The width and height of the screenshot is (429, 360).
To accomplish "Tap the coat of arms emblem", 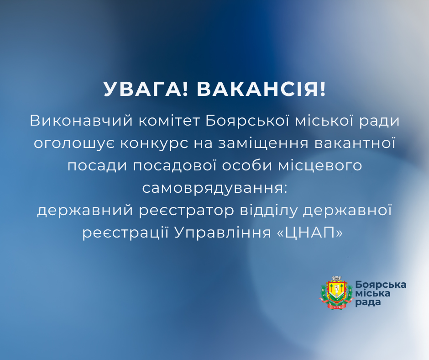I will pyautogui.click(x=337, y=293).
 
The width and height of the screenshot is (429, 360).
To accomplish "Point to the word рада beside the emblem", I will pyautogui.click(x=367, y=302).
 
